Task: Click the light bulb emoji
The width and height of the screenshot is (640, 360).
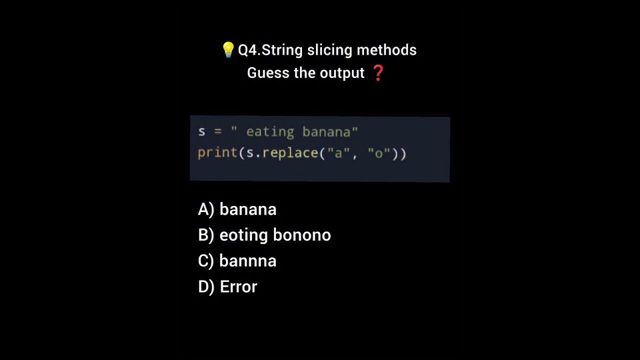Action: [228, 49]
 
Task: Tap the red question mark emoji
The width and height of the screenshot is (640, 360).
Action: [378, 72]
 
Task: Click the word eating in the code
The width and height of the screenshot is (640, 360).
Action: [270, 132]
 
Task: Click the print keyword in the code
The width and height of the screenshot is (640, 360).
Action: [217, 153]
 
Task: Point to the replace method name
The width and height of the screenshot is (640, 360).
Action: [290, 153]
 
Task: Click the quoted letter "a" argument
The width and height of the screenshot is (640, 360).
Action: [338, 153]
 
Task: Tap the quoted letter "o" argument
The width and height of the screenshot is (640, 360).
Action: [378, 153]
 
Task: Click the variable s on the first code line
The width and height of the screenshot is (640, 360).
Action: [201, 132]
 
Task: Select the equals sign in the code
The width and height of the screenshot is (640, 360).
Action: [217, 132]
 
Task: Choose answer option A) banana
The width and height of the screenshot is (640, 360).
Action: [237, 209]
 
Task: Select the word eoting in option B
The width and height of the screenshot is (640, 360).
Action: [243, 235]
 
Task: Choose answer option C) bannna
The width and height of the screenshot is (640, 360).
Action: [237, 261]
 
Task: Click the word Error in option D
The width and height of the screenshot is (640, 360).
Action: [238, 287]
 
